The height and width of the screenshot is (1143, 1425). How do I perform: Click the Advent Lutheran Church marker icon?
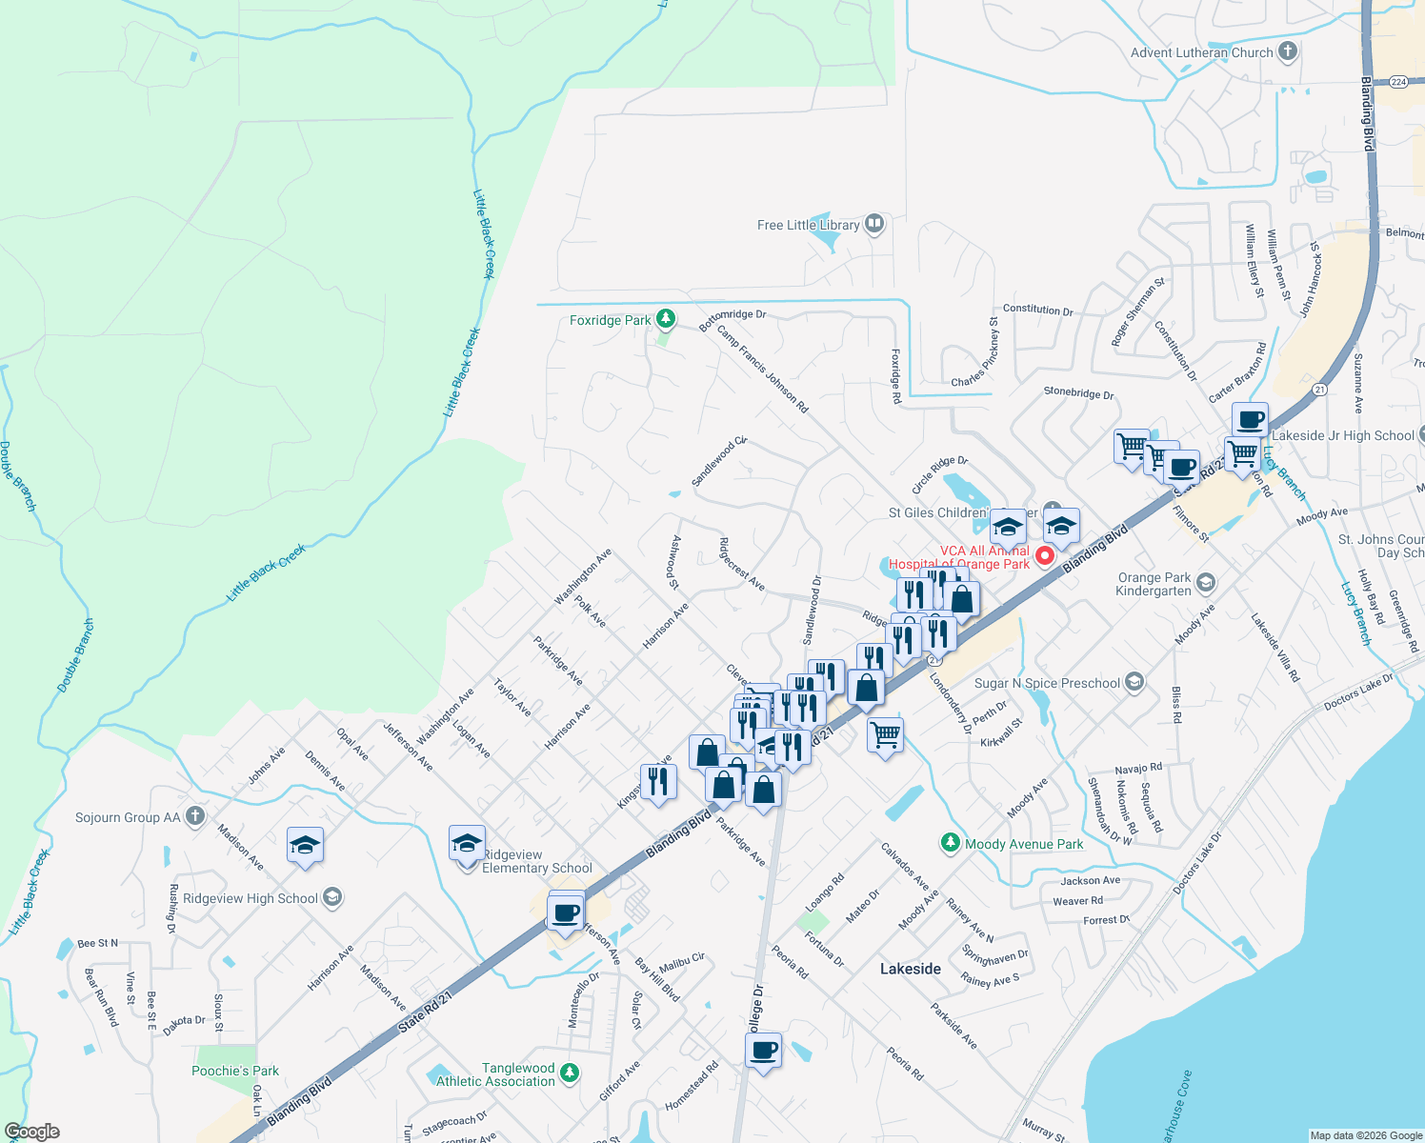[1288, 51]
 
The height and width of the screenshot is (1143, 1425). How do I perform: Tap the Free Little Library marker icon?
[874, 225]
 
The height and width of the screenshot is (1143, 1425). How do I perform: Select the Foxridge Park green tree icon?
[666, 319]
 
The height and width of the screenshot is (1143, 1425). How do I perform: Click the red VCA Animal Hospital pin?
[1045, 555]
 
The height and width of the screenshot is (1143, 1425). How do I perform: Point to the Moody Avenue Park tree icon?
[950, 843]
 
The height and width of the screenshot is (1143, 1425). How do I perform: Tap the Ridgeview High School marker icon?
[332, 897]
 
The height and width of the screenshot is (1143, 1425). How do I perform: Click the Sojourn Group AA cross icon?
[195, 816]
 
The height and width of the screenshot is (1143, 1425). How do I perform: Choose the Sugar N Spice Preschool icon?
[1134, 682]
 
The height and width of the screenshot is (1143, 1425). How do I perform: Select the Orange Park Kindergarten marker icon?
[1206, 582]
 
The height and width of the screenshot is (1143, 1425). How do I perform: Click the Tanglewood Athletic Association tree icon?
[570, 1073]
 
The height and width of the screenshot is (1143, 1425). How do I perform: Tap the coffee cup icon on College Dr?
[763, 1052]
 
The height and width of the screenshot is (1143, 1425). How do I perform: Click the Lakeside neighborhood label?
[910, 969]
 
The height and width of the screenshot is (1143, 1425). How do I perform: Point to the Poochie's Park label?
[235, 1071]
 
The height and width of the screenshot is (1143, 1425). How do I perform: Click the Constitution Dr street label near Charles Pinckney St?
[1037, 310]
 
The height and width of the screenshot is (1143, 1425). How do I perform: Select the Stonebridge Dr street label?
[1078, 392]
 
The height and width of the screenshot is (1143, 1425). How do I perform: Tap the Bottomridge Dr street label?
[732, 319]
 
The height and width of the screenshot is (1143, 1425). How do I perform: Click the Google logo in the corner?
[31, 1132]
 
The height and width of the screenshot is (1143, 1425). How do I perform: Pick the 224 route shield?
[1397, 82]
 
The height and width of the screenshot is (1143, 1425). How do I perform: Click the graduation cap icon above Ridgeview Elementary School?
[467, 844]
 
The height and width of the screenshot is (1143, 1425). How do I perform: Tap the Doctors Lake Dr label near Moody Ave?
[1358, 692]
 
